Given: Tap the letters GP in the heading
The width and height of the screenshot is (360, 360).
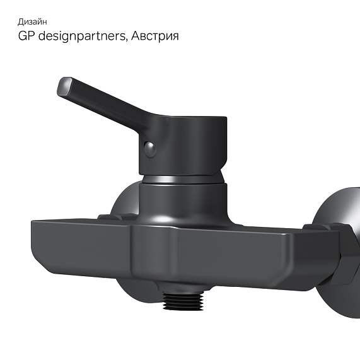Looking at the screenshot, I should coord(26,37).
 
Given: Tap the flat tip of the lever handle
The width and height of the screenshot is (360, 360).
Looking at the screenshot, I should coord(65,86).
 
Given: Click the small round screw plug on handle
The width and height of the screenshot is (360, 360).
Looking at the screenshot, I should coord(149,149).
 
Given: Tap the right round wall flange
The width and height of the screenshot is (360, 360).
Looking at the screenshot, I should coord(340,214).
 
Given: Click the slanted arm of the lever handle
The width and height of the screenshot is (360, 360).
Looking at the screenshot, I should coord(107,104).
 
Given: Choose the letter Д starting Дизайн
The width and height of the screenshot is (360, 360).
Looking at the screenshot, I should coord(20,22).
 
